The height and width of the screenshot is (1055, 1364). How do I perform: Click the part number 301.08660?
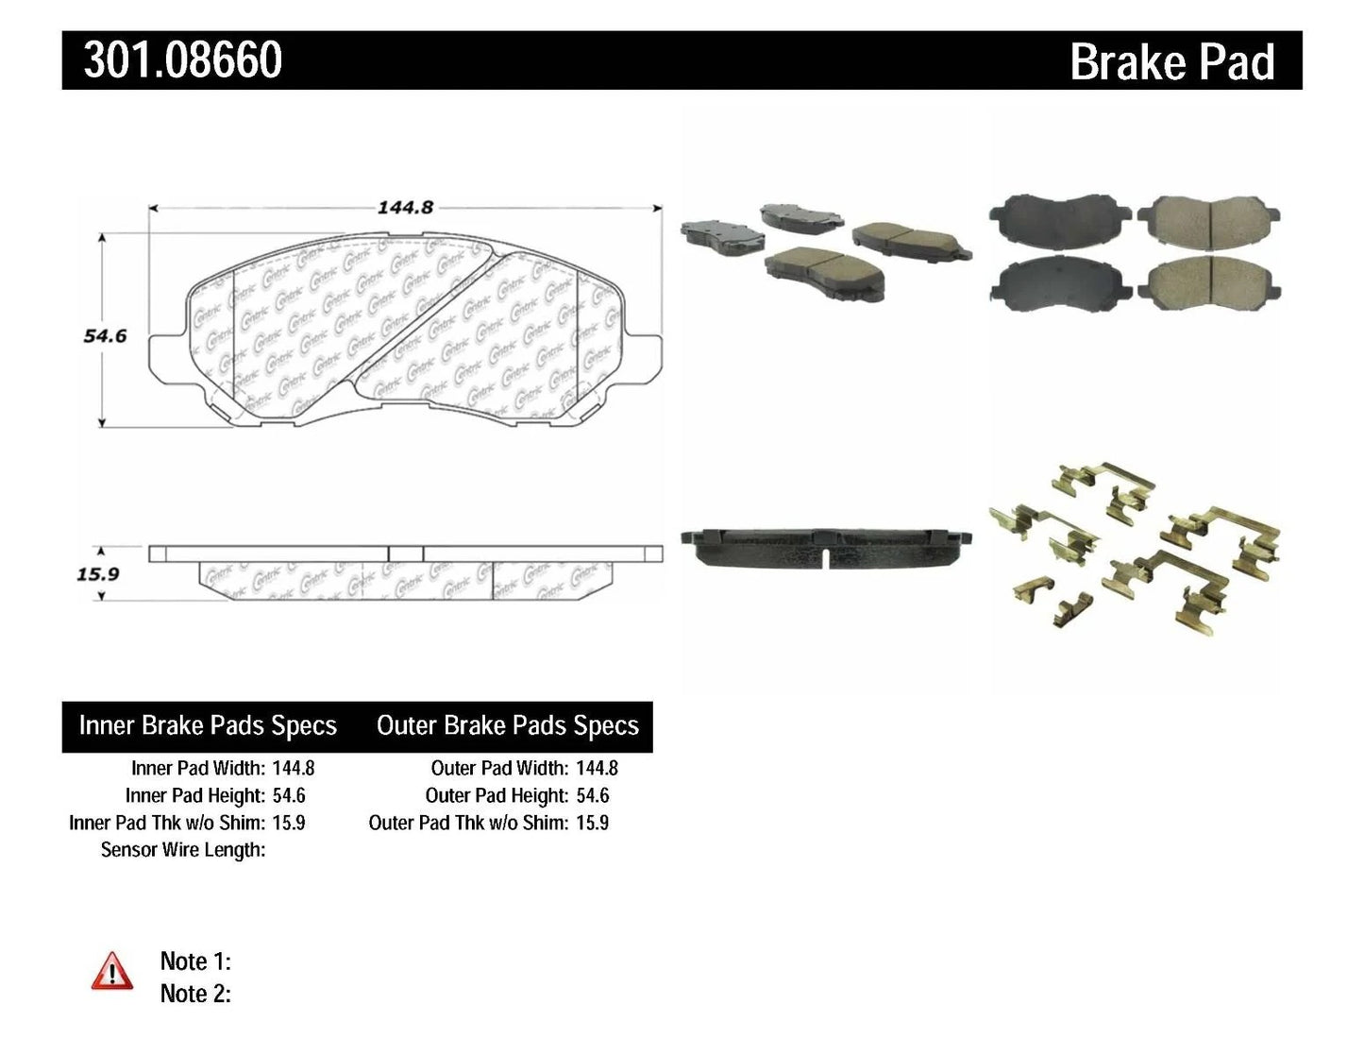point(182,60)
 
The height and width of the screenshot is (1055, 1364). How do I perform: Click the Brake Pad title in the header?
point(1171,62)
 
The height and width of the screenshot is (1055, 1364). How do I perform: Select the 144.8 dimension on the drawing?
point(405,207)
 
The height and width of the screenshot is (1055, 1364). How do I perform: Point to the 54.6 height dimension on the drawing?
point(104,335)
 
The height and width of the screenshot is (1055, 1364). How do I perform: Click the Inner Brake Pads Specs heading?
point(208,725)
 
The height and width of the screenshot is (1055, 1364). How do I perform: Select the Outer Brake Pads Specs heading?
point(507,725)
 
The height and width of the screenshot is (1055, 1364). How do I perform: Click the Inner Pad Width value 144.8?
point(293,769)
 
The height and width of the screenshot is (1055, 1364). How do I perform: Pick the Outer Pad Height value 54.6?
point(592,796)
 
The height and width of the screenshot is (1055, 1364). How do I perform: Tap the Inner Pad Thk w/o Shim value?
point(288,823)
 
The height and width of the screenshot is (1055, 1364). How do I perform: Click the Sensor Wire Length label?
point(183,850)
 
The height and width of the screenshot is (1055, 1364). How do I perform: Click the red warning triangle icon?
point(112,971)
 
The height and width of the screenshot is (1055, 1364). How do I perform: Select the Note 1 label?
point(195,961)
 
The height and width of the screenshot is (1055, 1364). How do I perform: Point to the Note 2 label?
point(195,994)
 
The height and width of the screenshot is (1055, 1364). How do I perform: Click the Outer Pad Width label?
point(499,769)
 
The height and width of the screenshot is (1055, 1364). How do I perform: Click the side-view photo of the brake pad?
point(827,547)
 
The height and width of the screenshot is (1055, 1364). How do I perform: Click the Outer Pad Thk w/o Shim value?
point(592,823)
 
